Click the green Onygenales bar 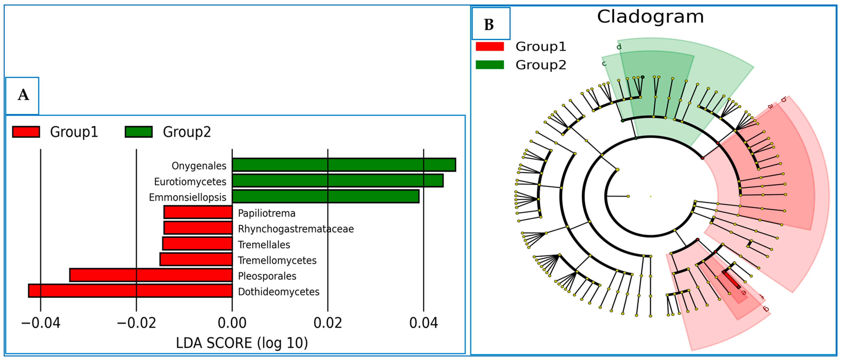pos(344,165)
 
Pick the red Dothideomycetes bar pos(130,291)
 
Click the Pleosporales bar pos(151,275)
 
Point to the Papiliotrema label pos(266,213)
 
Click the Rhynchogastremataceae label pos(295,229)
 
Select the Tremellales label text pos(264,245)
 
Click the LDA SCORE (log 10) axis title pos(242,343)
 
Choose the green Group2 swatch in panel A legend pos(139,132)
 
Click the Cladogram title pos(650,17)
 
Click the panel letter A pos(23,95)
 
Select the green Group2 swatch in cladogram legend pos(490,65)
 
